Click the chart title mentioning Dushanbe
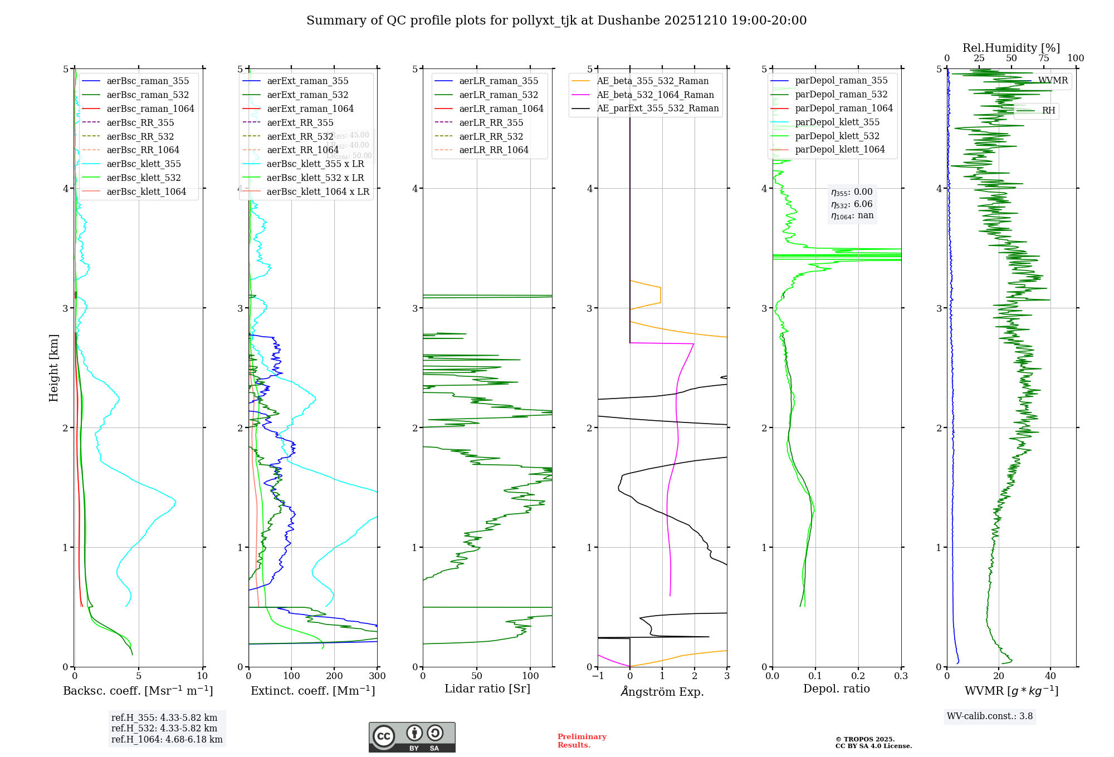556,21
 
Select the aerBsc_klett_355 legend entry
144,164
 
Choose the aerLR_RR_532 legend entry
491,136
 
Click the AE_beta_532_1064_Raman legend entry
655,95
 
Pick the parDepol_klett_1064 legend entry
839,149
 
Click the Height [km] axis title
53,368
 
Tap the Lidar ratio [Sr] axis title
487,689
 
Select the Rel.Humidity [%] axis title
1011,48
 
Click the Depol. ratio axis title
836,689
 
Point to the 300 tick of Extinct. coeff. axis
378,676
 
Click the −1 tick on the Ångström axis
598,676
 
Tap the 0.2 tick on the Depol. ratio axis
858,676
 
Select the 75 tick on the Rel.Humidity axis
1044,58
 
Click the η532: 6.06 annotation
852,204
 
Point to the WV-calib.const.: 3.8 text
990,716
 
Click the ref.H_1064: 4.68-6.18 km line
167,739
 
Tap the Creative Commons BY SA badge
412,737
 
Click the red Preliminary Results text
582,741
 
